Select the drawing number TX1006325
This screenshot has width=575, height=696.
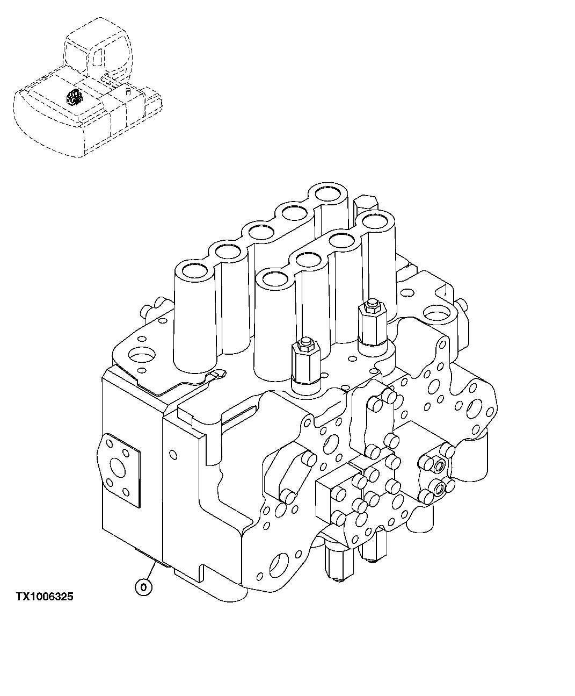(45, 597)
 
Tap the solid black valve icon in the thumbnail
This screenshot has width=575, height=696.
(74, 97)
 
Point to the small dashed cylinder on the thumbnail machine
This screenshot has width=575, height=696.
(129, 92)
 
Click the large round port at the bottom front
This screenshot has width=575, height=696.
(279, 566)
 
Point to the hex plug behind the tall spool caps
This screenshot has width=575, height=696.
(365, 203)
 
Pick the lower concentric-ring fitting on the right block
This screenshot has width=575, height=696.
(441, 489)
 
